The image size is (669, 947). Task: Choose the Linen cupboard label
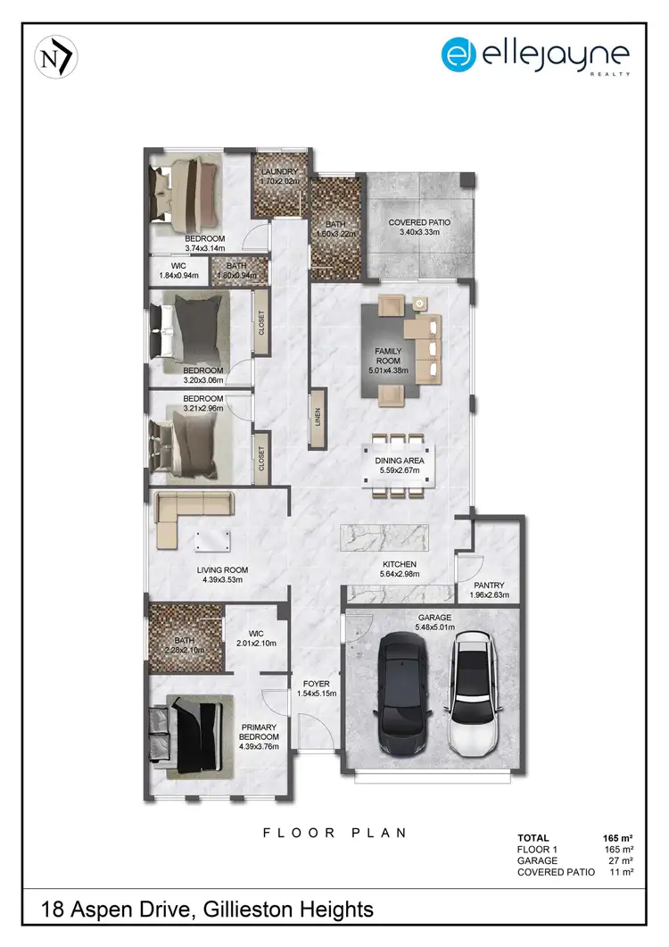coord(318,417)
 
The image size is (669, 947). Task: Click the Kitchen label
coord(401,564)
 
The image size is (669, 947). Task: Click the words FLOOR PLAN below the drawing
coord(334,833)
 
